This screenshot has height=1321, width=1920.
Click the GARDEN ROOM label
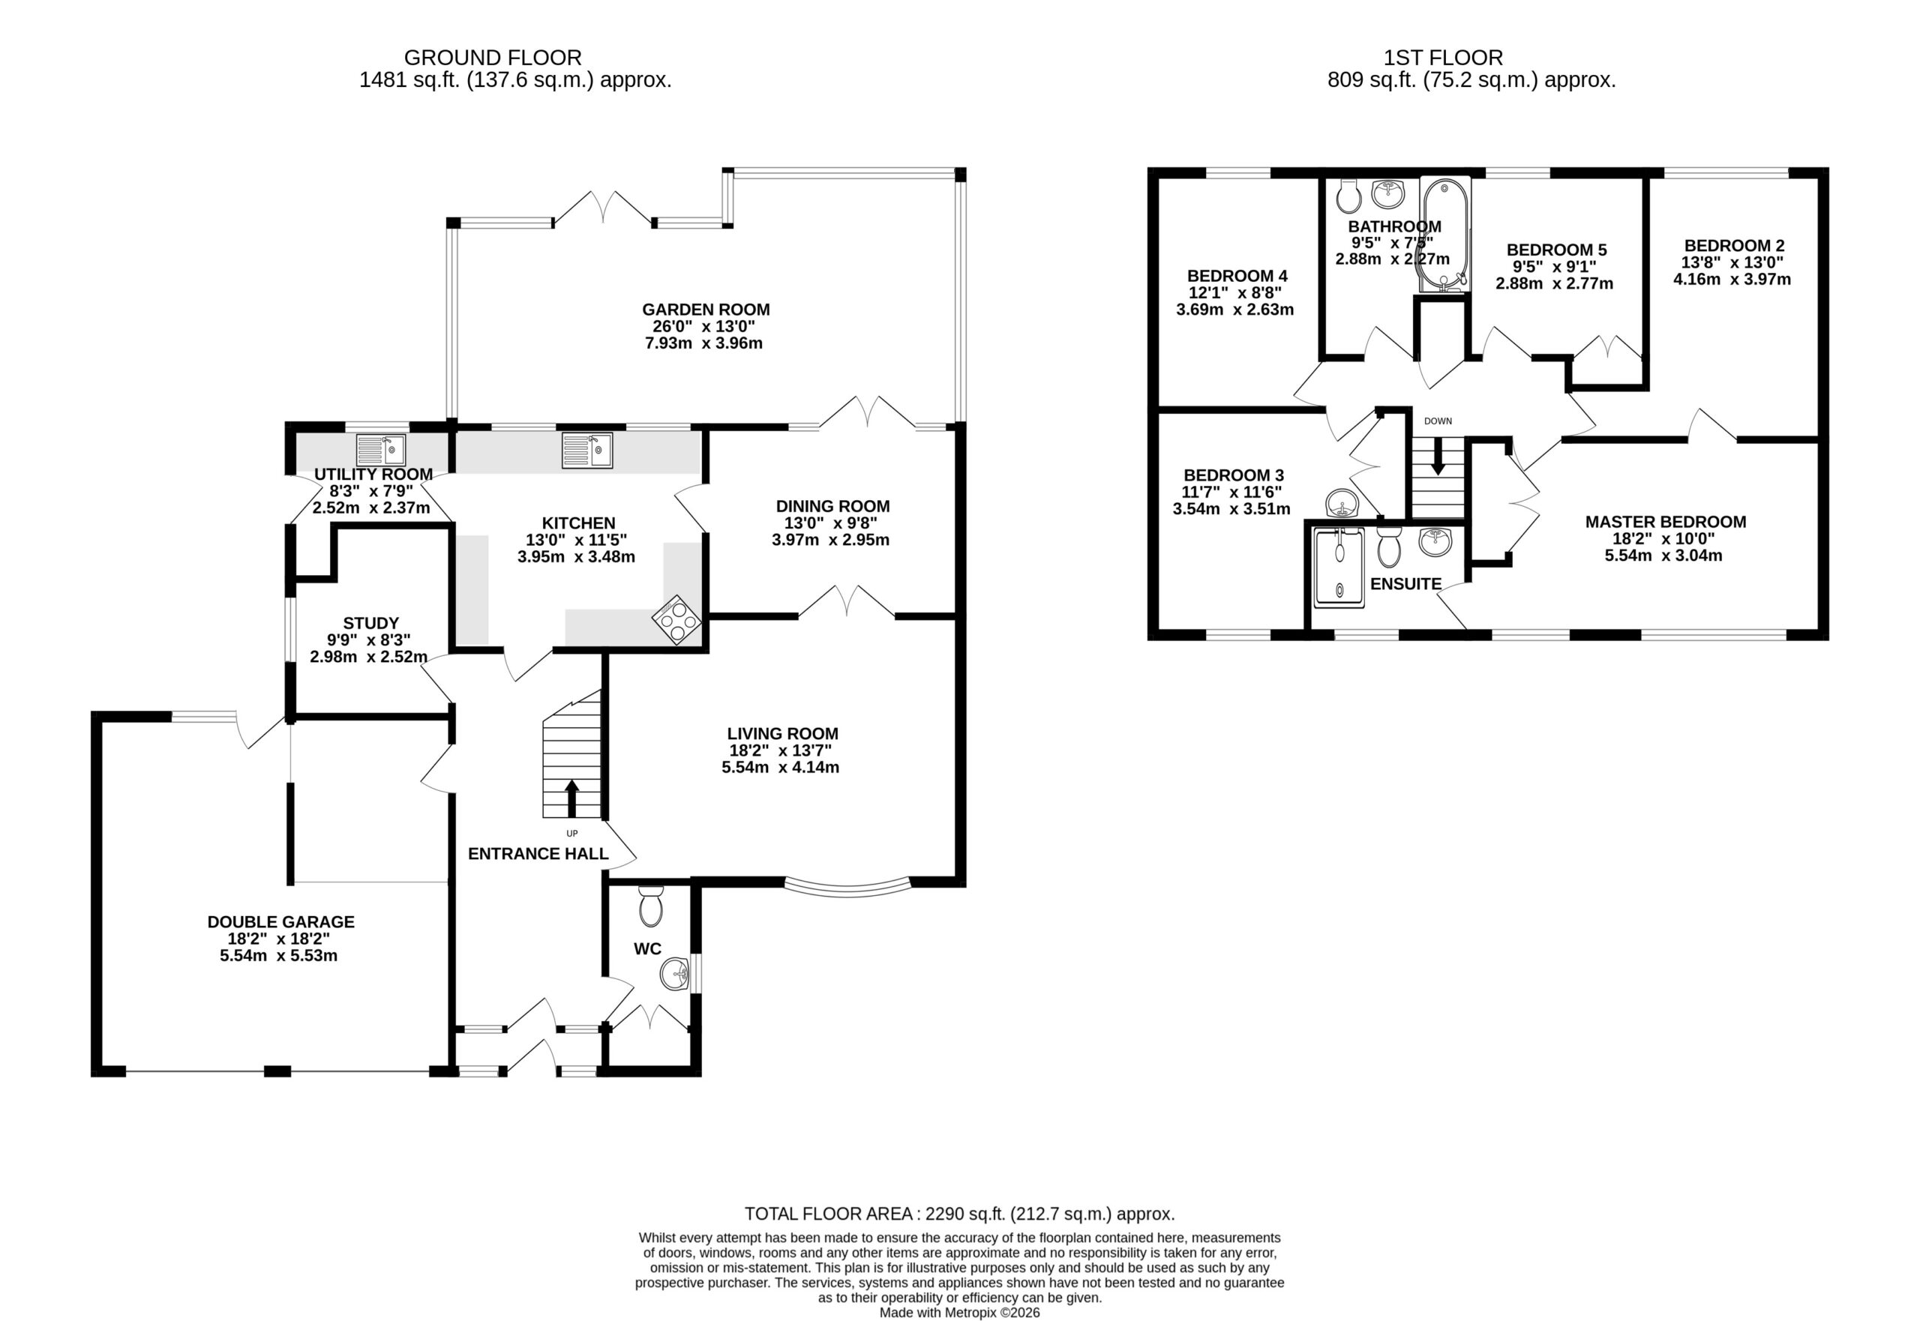pyautogui.click(x=706, y=310)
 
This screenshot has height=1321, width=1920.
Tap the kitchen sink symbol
pyautogui.click(x=587, y=451)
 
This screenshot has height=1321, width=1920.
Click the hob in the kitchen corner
pyautogui.click(x=676, y=619)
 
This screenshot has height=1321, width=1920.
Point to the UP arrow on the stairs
pyautogui.click(x=571, y=798)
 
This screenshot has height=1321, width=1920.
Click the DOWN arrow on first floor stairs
pyautogui.click(x=1438, y=455)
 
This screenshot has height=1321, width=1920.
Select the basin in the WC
pyautogui.click(x=676, y=974)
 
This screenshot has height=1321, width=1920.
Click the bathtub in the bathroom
pyautogui.click(x=1444, y=233)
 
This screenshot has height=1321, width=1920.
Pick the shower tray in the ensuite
pyautogui.click(x=1339, y=568)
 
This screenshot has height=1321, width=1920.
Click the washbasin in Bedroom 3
pyautogui.click(x=1342, y=502)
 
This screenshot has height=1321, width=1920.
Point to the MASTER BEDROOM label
pyautogui.click(x=1666, y=523)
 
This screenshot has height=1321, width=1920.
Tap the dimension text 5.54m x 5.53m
pyautogui.click(x=279, y=956)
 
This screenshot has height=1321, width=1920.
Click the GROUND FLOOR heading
pyautogui.click(x=493, y=58)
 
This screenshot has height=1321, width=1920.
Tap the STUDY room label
pyautogui.click(x=371, y=623)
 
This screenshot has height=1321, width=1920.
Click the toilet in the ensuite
pyautogui.click(x=1389, y=547)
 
